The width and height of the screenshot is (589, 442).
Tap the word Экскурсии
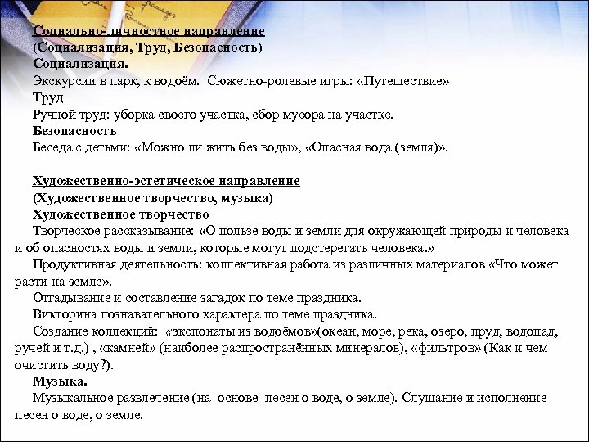point(62,82)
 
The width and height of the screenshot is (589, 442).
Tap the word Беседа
point(53,148)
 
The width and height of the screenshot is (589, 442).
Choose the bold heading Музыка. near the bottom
point(60,381)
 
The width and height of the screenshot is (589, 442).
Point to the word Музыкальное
point(71,399)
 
